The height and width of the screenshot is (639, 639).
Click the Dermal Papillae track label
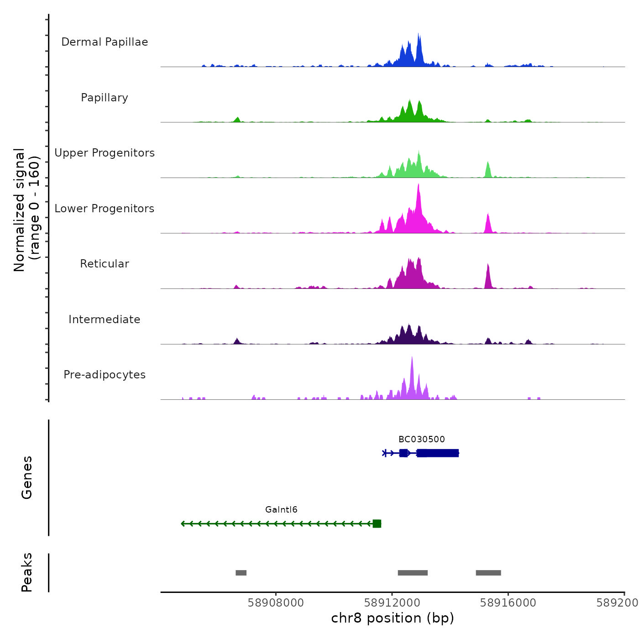click(105, 42)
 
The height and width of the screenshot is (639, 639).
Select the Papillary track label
click(105, 98)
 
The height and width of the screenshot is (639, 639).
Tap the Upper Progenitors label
click(105, 153)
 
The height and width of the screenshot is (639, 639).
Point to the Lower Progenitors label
click(105, 209)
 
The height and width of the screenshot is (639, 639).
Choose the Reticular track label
click(105, 264)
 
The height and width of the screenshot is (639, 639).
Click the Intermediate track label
click(105, 319)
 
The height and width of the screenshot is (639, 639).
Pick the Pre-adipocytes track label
click(105, 375)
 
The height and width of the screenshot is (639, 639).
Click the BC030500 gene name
click(421, 440)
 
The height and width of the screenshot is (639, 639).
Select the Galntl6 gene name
click(281, 510)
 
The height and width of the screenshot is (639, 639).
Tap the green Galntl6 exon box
click(377, 524)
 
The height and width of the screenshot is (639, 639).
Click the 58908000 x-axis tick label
click(276, 603)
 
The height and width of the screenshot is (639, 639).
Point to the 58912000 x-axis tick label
click(392, 603)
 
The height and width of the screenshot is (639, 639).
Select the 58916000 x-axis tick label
click(508, 603)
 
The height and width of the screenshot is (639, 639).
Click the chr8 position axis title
click(393, 618)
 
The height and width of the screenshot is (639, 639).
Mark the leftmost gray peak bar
click(241, 573)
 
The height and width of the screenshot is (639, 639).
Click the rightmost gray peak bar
click(488, 573)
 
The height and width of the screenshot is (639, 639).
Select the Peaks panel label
click(26, 572)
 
